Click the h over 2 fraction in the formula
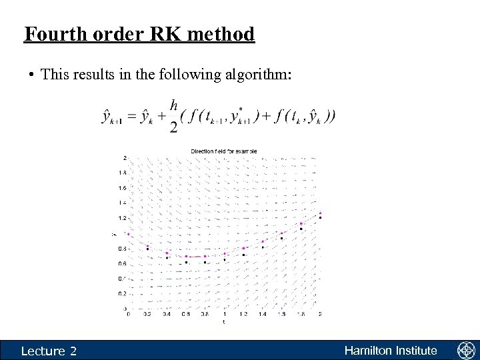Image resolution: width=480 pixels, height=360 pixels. pos(174,116)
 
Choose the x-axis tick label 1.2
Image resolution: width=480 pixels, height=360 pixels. pos(244,314)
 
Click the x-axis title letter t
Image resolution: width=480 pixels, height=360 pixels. pos(224,322)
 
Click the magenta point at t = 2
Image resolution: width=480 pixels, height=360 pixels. pos(320,213)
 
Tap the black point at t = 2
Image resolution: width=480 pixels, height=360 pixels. pos(320,218)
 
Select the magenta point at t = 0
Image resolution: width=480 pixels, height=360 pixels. pos(129,234)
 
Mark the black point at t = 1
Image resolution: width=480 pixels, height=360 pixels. pos(225,260)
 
